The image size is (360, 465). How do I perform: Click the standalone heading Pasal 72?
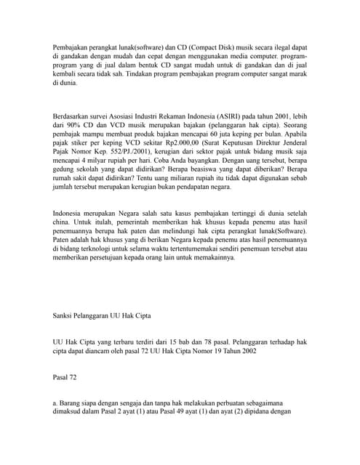tap(65, 377)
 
